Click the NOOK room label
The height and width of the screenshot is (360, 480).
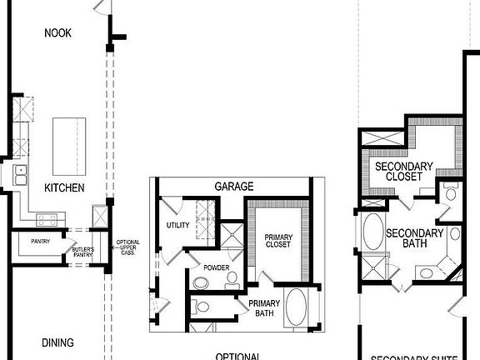click(58, 32)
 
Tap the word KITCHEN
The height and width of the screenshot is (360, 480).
click(64, 188)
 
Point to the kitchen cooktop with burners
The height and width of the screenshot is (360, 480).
click(47, 220)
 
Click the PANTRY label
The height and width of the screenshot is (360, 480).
click(42, 241)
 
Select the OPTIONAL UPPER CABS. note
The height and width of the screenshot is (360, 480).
click(128, 247)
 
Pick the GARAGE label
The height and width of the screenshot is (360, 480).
click(234, 187)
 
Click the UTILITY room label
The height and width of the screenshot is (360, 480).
click(178, 225)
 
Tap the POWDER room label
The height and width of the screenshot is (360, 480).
click(215, 267)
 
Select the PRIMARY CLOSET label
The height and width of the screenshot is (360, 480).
click(277, 241)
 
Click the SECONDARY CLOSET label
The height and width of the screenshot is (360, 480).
click(403, 172)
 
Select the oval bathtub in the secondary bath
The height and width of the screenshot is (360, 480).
click(372, 232)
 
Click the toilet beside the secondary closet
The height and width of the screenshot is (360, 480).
click(451, 193)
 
